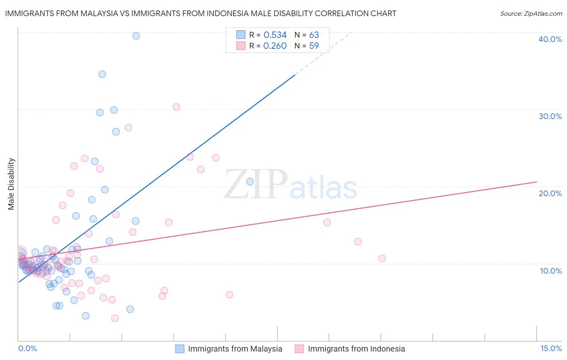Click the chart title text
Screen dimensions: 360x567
[x=200, y=13]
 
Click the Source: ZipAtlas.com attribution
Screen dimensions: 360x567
[x=531, y=13]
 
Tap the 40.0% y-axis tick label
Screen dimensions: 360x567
[x=550, y=39]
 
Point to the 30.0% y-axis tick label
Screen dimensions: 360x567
[x=550, y=116]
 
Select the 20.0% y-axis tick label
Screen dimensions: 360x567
[x=550, y=193]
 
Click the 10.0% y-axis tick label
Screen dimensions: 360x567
[x=550, y=271]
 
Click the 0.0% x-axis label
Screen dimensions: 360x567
[x=27, y=348]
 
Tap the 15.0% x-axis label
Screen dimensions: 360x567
[x=551, y=348]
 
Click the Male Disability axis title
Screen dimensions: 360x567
[x=11, y=184]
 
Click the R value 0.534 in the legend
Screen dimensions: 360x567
[x=275, y=35]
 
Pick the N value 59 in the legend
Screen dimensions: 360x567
[x=314, y=46]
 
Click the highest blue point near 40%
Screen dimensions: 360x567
[x=136, y=36]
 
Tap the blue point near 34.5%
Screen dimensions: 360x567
[x=102, y=74]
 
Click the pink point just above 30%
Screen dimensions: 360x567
[x=176, y=107]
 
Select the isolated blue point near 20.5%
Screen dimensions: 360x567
[x=250, y=182]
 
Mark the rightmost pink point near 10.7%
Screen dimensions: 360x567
[x=382, y=258]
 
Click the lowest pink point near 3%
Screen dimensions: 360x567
[x=115, y=318]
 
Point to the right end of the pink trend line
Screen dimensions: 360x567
[x=537, y=182]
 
